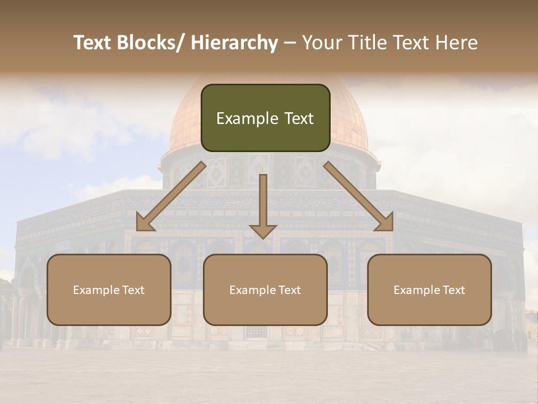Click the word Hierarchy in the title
(234, 43)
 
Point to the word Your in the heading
(320, 43)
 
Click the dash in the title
(290, 43)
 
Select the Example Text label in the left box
(109, 290)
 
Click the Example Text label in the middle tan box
(265, 290)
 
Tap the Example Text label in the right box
(429, 290)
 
